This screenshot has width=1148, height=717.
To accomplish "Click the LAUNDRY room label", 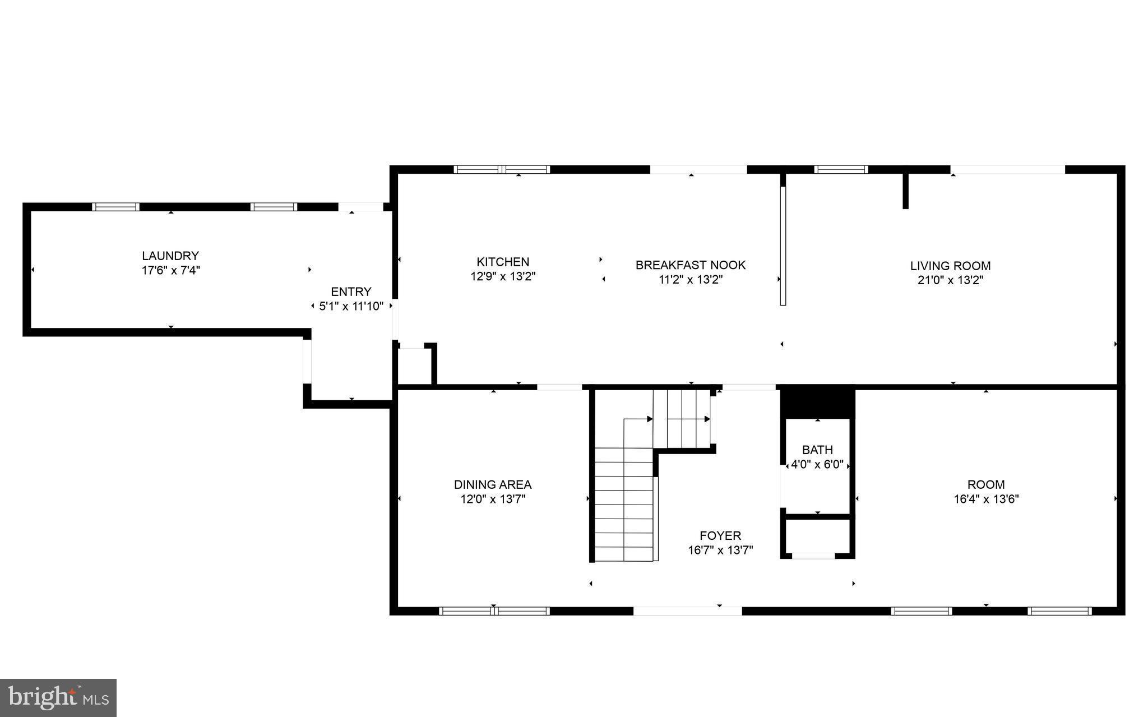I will pyautogui.click(x=170, y=256).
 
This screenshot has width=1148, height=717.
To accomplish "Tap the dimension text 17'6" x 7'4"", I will pyautogui.click(x=170, y=271).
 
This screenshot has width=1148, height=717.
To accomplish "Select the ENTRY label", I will pyautogui.click(x=351, y=292).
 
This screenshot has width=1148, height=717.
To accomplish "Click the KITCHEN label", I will pyautogui.click(x=503, y=262).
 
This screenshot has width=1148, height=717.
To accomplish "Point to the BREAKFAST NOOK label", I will pyautogui.click(x=691, y=265).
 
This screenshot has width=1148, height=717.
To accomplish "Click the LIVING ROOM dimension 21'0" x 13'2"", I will pyautogui.click(x=950, y=280).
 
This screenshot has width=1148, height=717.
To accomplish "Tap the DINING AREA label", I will pyautogui.click(x=493, y=484).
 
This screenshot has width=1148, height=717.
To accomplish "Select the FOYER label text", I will pyautogui.click(x=720, y=535).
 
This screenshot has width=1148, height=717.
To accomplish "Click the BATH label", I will pyautogui.click(x=817, y=450).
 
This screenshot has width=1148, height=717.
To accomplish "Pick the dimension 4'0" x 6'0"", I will pyautogui.click(x=817, y=465).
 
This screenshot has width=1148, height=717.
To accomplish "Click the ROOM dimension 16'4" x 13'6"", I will pyautogui.click(x=986, y=499).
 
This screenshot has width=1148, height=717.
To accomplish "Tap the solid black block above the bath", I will pyautogui.click(x=817, y=401).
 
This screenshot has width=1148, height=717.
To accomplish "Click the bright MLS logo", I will pyautogui.click(x=58, y=697).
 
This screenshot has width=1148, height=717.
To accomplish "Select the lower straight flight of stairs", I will pyautogui.click(x=624, y=505).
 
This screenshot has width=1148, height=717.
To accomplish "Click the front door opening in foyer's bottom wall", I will pyautogui.click(x=688, y=611).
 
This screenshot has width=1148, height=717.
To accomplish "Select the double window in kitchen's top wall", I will pyautogui.click(x=502, y=169).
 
